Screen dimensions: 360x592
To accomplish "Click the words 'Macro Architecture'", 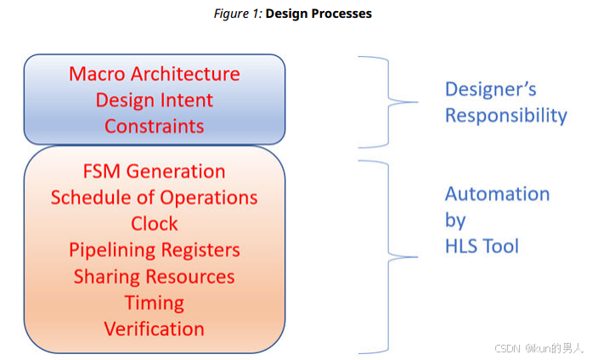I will click(x=154, y=74).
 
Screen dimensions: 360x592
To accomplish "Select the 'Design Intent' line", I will click(x=154, y=100).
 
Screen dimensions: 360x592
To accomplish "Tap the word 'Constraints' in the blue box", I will click(x=154, y=127).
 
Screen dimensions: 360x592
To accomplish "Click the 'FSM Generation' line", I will click(x=154, y=172).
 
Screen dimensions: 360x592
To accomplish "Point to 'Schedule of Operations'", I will click(x=154, y=198).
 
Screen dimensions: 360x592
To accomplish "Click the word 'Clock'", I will click(x=154, y=224).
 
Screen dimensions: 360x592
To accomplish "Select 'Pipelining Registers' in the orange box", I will click(x=154, y=250).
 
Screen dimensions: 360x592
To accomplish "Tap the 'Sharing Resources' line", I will click(x=154, y=277).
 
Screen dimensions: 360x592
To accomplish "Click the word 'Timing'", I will click(x=154, y=303).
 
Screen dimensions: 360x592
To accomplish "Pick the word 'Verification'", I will click(x=154, y=329).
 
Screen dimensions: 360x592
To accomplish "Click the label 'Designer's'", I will click(x=490, y=89).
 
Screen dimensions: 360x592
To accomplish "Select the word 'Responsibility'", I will click(x=505, y=115).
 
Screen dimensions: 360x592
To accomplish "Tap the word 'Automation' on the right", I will click(x=497, y=194).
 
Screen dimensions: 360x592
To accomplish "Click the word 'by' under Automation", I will click(x=455, y=221).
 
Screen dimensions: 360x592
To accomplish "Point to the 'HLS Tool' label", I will click(x=482, y=247).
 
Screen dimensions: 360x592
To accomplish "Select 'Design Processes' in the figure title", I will click(x=319, y=14).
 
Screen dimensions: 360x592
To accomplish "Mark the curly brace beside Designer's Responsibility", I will click(x=388, y=102).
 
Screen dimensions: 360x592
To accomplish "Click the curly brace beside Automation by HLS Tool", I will click(x=388, y=255).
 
